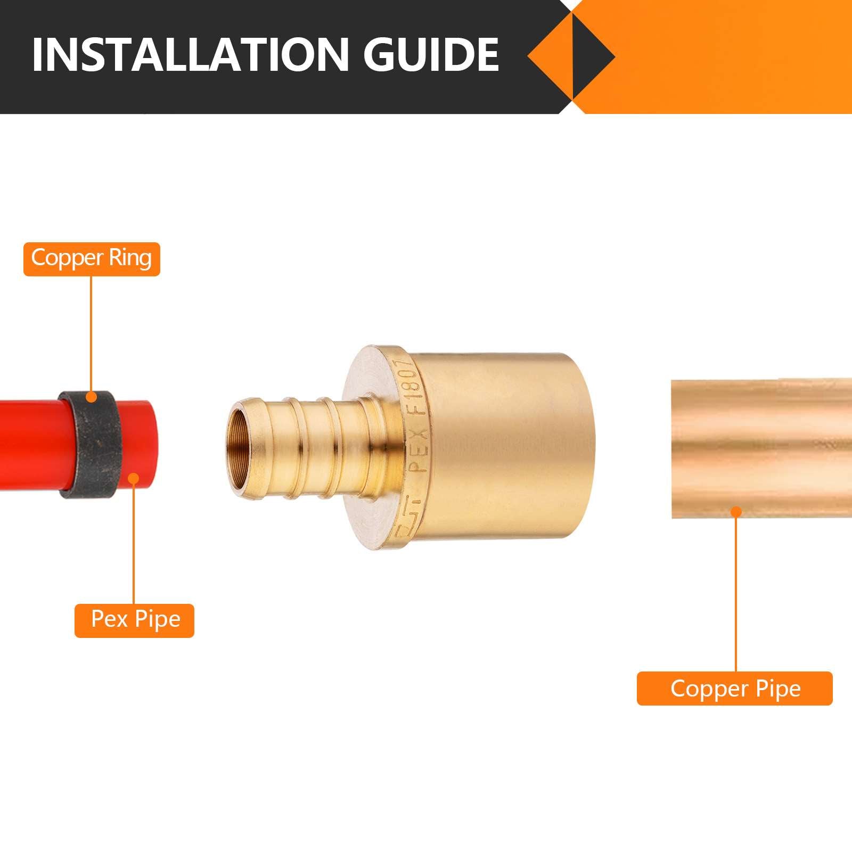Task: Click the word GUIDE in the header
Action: (x=431, y=54)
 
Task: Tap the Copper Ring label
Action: (x=92, y=259)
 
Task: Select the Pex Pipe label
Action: (x=135, y=620)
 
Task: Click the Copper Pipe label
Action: (x=735, y=689)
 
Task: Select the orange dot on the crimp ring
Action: (x=92, y=397)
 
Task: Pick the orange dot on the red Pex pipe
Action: (x=134, y=479)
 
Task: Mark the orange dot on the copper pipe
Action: (x=736, y=512)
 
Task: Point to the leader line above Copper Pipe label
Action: (x=736, y=591)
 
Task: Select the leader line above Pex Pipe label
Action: (x=134, y=543)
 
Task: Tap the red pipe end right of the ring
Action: (x=144, y=445)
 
